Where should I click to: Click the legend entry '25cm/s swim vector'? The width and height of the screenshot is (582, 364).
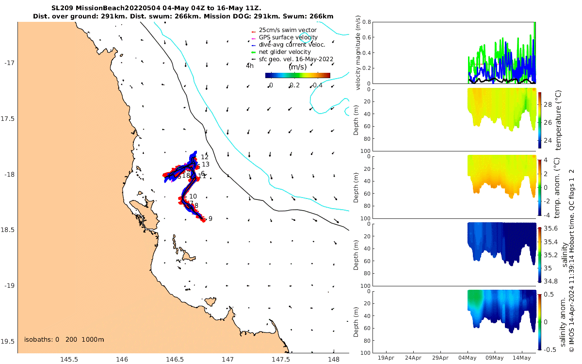[288, 30]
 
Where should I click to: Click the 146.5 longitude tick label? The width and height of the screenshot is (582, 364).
[175, 359]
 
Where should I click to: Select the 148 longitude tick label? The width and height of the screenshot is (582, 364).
[333, 359]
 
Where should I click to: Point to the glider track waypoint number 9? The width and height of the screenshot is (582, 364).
[210, 219]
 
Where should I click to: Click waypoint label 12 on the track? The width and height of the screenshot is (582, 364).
[205, 157]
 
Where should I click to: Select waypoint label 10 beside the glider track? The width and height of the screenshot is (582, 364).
[193, 197]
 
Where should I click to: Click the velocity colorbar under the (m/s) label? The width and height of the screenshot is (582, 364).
[297, 75]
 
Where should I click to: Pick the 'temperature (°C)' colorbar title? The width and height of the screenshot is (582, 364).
[558, 119]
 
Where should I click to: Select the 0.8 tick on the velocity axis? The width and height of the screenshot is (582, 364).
[367, 22]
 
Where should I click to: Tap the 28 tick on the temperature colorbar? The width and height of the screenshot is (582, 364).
[548, 104]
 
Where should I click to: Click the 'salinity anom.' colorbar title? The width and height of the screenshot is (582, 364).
[563, 322]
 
